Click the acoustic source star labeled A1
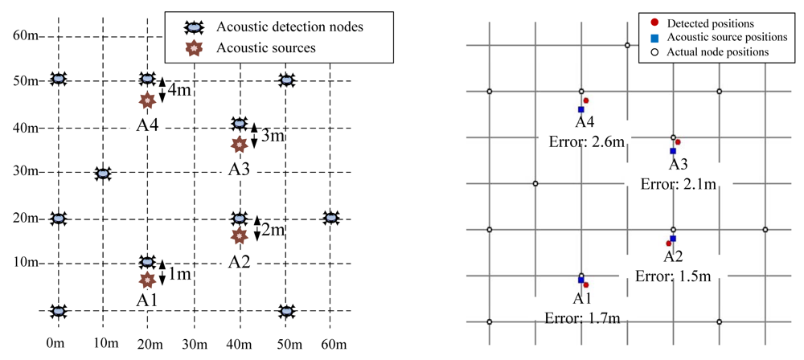[x=147, y=280]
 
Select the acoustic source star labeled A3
[x=239, y=145]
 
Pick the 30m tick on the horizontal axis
[x=193, y=345]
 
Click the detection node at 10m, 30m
[x=102, y=174]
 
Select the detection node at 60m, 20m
[x=330, y=218]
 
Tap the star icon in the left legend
[x=193, y=48]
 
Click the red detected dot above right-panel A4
[x=586, y=100]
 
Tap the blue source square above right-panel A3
[x=673, y=151]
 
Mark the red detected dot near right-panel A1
[x=586, y=284]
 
